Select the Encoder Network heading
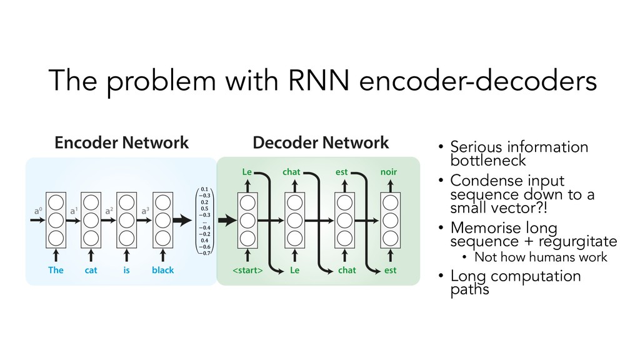pyautogui.click(x=121, y=143)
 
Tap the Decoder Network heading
pyautogui.click(x=321, y=143)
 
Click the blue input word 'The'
pyautogui.click(x=56, y=270)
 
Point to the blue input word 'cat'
pyautogui.click(x=91, y=270)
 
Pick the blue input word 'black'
pyautogui.click(x=162, y=270)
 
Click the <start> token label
pyautogui.click(x=247, y=270)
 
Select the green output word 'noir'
pyautogui.click(x=388, y=170)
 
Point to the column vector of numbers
pyautogui.click(x=204, y=220)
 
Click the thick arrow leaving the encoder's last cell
pyautogui.click(x=184, y=220)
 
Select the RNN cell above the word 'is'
pyautogui.click(x=126, y=220)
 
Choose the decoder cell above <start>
pyautogui.click(x=247, y=220)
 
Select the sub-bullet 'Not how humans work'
pyautogui.click(x=541, y=257)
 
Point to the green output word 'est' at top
pyautogui.click(x=342, y=170)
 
